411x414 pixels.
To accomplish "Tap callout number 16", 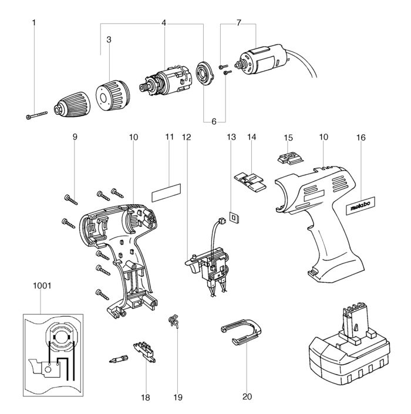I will (360, 137).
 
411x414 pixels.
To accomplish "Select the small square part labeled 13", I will (234, 216).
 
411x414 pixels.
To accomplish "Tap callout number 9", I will (75, 137).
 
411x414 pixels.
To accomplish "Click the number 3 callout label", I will (109, 39).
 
